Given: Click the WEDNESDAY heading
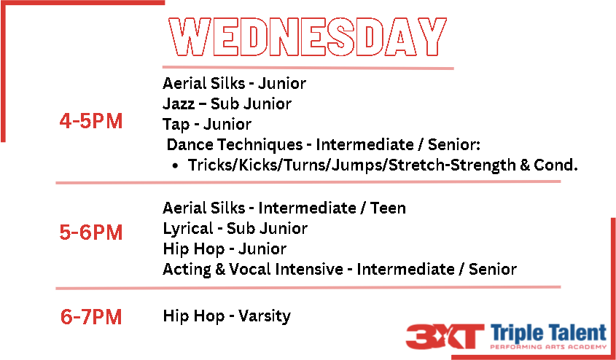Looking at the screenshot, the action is tap(308, 37).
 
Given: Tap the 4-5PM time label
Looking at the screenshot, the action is tap(90, 121).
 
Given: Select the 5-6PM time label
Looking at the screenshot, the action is tap(90, 232).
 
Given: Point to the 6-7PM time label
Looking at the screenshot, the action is tap(90, 317).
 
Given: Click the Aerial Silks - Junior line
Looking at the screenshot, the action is tap(234, 83).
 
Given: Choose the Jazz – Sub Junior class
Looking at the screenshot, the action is tap(227, 104).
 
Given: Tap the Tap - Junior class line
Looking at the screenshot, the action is tap(207, 125).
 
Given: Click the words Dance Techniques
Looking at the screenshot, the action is tap(235, 145).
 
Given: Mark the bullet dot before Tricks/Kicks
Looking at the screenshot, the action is tap(176, 166).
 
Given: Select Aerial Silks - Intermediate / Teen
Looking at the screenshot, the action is tap(284, 208).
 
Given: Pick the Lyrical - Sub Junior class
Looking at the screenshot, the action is tap(235, 229).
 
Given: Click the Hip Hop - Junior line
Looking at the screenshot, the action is tap(225, 249).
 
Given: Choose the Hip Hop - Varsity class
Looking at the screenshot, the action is tap(227, 316).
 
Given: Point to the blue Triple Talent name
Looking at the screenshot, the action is tap(549, 334).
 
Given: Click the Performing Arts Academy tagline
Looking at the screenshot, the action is tap(549, 347).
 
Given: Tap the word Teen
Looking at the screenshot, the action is tap(388, 208).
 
